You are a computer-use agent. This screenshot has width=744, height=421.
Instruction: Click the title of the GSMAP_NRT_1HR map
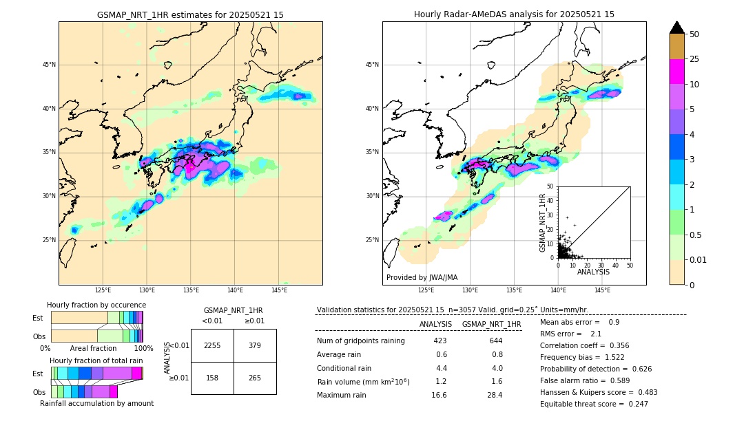pos(190,14)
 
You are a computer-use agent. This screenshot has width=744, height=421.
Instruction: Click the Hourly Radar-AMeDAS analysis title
pos(514,14)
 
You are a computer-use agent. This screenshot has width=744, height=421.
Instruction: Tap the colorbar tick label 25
pos(694,59)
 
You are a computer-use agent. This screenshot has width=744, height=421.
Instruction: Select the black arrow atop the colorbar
pos(677,28)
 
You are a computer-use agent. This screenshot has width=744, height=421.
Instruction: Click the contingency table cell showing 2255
pos(212,345)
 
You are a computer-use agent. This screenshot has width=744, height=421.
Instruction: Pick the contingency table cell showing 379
pos(255,345)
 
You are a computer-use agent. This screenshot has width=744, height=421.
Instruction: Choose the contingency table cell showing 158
pos(212,378)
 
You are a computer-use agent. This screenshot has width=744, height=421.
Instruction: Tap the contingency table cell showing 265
pos(255,378)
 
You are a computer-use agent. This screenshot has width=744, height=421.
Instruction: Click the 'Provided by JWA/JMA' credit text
pos(422,278)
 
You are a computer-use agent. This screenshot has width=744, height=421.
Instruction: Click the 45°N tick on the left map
pos(49,65)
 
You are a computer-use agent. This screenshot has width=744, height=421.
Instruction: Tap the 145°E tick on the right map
pos(602,291)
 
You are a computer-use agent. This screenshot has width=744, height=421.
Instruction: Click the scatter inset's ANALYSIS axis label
pos(593,272)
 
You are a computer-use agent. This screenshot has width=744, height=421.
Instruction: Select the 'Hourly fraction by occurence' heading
pos(96,305)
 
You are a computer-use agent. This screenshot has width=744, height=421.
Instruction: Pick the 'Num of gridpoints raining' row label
pos(360,341)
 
